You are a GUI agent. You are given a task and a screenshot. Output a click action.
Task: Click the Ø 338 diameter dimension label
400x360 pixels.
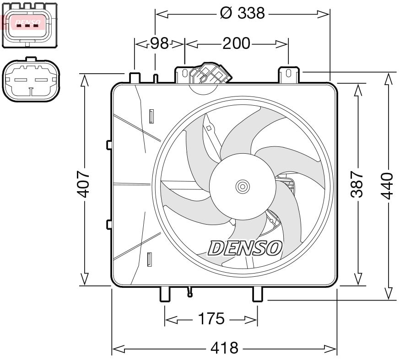pyautogui.click(x=242, y=13)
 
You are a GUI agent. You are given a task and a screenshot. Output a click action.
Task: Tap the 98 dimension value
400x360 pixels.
pyautogui.click(x=160, y=43)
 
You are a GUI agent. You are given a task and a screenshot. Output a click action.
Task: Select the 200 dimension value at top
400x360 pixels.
pyautogui.click(x=236, y=43)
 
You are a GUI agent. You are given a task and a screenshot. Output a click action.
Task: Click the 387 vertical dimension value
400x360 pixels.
pyautogui.click(x=357, y=184)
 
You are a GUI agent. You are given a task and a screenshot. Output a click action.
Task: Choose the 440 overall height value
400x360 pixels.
pyautogui.click(x=388, y=184)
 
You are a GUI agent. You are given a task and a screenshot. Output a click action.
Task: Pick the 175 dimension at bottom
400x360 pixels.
pyautogui.click(x=211, y=319)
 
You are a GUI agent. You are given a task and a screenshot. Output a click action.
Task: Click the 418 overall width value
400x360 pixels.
pyautogui.click(x=224, y=349)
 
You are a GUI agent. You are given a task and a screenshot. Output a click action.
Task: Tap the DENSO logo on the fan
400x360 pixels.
pyautogui.click(x=245, y=247)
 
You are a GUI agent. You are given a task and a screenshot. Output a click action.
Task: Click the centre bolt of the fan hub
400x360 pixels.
pyautogui.click(x=242, y=186)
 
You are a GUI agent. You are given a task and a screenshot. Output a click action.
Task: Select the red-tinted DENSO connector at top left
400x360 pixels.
pyautogui.click(x=29, y=23)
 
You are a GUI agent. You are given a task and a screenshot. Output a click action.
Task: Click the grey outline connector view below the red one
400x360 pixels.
pyautogui.click(x=31, y=81)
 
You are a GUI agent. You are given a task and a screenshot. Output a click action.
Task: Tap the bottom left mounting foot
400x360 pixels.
pyautogui.click(x=165, y=294)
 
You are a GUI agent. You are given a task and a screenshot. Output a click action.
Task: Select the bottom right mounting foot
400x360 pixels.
pyautogui.click(x=258, y=294)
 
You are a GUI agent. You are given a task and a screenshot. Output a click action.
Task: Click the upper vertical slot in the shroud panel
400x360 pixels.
pyautogui.click(x=151, y=116)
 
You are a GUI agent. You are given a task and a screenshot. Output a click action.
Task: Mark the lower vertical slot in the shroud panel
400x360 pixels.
pyautogui.click(x=149, y=259)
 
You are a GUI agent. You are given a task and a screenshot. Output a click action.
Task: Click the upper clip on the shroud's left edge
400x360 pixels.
pyautogui.click(x=109, y=145)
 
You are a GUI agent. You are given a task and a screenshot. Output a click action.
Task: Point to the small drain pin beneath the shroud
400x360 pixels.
pyautogui.click(x=190, y=292)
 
